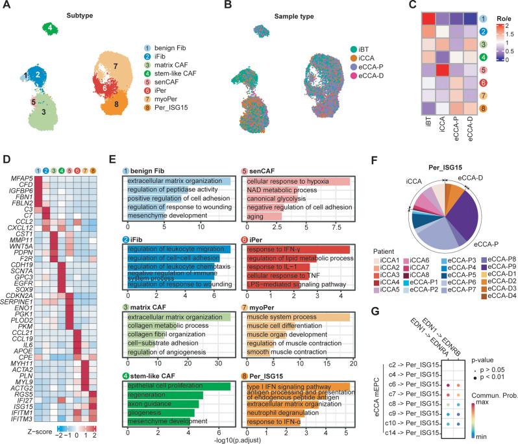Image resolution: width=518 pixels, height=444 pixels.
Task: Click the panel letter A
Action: pyautogui.click(x=5, y=6)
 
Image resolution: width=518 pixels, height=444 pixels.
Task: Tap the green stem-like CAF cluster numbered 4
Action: pyautogui.click(x=49, y=28)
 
